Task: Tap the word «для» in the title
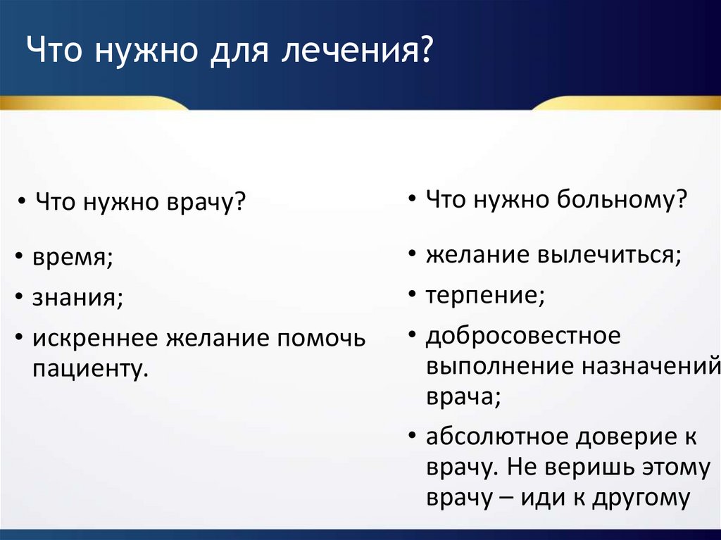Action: pyautogui.click(x=239, y=51)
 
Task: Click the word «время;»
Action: pyautogui.click(x=73, y=257)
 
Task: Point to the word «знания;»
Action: pyautogui.click(x=77, y=297)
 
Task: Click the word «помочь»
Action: pyautogui.click(x=321, y=339)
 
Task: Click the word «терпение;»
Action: pyautogui.click(x=486, y=295)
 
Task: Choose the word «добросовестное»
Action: pyautogui.click(x=523, y=336)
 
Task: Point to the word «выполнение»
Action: pyautogui.click(x=501, y=367)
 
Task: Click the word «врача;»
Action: pyautogui.click(x=463, y=397)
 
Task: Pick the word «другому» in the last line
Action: pyautogui.click(x=641, y=498)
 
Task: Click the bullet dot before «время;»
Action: pyautogui.click(x=19, y=257)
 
